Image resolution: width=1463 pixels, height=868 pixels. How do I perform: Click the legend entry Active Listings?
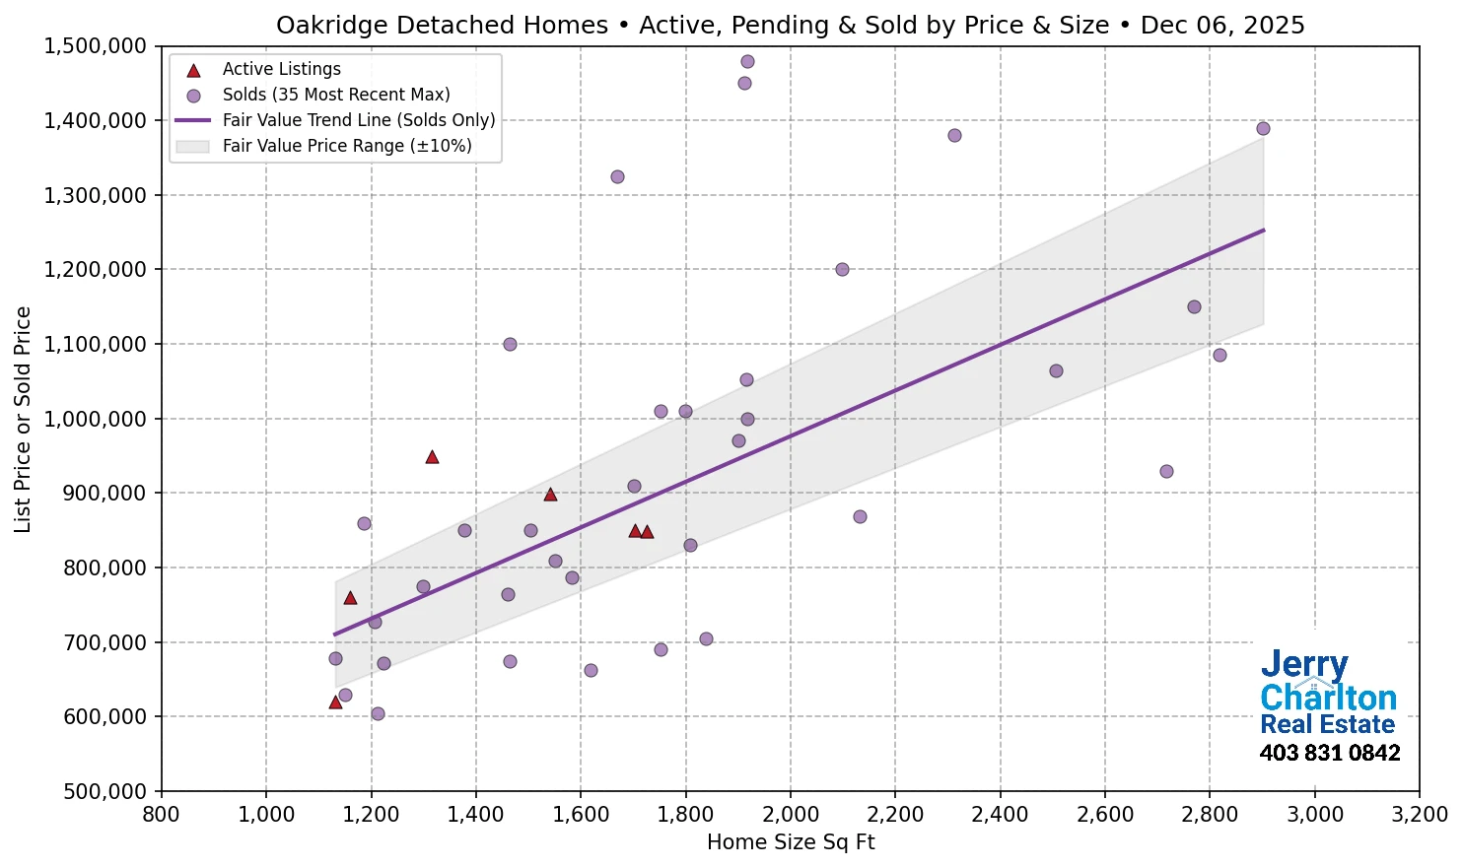(x=281, y=69)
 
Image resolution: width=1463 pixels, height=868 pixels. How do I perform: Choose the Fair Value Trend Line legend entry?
(x=358, y=120)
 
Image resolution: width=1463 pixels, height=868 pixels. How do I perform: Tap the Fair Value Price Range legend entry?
(x=346, y=146)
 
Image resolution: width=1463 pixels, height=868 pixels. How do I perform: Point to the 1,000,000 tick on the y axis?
(x=97, y=419)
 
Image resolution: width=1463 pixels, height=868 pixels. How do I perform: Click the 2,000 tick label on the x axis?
(x=791, y=815)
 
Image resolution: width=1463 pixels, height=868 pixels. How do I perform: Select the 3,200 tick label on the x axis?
(x=1420, y=815)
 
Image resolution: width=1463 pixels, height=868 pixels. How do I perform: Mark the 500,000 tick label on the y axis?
(x=104, y=791)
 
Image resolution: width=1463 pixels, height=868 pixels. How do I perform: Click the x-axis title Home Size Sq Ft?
(x=791, y=842)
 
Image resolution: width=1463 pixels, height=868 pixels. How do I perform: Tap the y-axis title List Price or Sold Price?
(x=23, y=419)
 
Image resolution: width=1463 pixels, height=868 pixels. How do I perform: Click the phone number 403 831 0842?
(x=1329, y=754)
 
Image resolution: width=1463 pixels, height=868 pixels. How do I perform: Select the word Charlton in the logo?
(x=1328, y=698)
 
